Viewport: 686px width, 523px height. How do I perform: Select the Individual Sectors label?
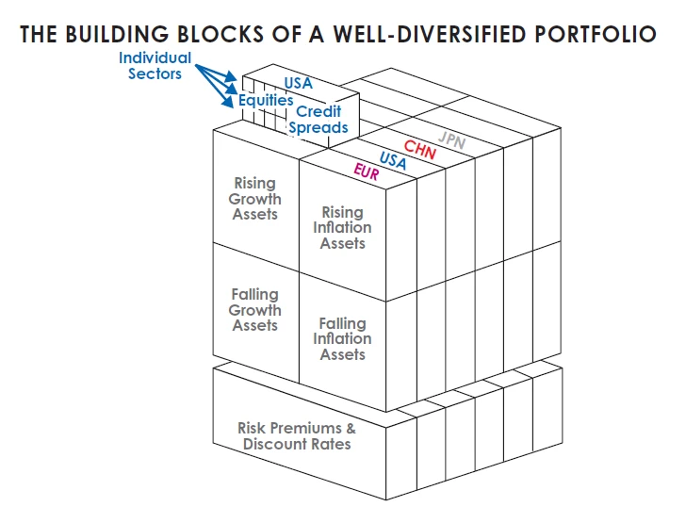[x=155, y=66]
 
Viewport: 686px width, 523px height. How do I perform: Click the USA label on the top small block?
[x=298, y=84]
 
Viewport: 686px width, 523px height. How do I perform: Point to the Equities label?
[x=266, y=100]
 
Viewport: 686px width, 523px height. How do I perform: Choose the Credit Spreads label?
[x=318, y=120]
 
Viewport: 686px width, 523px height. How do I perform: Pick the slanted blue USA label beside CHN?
[x=393, y=160]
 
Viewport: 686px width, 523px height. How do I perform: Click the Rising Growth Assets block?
[x=255, y=199]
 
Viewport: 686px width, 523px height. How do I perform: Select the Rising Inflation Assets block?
[x=343, y=228]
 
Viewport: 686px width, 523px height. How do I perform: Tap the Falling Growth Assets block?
[x=255, y=310]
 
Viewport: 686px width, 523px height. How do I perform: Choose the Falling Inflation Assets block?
[x=343, y=339]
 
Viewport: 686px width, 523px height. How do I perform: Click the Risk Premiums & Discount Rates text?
[x=297, y=436]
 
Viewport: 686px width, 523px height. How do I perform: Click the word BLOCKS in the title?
[x=214, y=34]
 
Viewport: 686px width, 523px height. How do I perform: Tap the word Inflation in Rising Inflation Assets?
[x=343, y=228]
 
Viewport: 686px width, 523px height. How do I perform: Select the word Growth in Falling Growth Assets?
[x=255, y=310]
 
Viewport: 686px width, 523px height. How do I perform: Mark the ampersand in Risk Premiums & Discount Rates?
[x=350, y=429]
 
